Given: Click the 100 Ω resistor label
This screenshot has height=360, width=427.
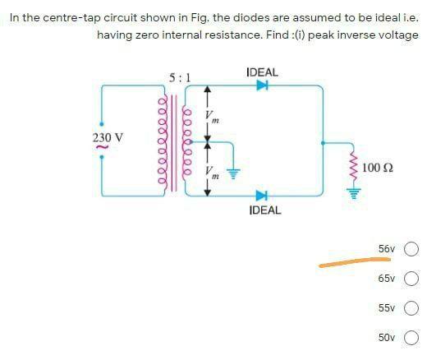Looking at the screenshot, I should (377, 167).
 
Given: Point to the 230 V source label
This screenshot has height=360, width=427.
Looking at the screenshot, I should (108, 137).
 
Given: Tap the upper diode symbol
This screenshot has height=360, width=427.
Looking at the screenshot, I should (262, 90).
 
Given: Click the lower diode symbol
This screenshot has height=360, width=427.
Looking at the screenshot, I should (262, 195).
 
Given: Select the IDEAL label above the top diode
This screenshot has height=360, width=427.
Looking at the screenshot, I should (262, 72).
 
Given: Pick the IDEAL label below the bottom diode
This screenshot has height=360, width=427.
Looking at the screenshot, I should (264, 210).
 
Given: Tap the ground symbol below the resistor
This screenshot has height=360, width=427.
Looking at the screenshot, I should (354, 193).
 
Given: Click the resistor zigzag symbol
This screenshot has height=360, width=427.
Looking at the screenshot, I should (354, 168).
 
